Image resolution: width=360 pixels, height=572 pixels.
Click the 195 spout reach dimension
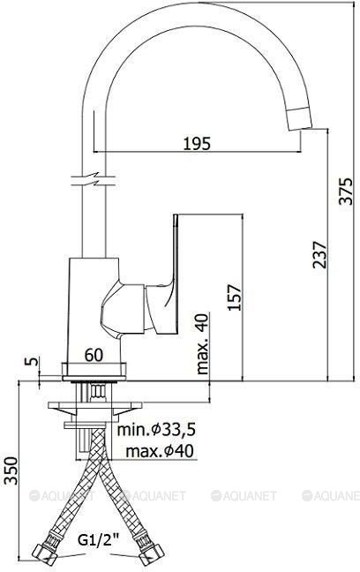pyautogui.click(x=197, y=143)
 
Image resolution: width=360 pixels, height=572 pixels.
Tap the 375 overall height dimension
pyautogui.click(x=346, y=192)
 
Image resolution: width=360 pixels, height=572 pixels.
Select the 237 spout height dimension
pyautogui.click(x=320, y=254)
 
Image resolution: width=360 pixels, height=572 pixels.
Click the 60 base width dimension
pyautogui.click(x=94, y=355)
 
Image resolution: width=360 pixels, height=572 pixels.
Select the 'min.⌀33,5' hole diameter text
pyautogui.click(x=156, y=430)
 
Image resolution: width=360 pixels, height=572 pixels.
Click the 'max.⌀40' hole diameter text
pyautogui.click(x=160, y=452)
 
